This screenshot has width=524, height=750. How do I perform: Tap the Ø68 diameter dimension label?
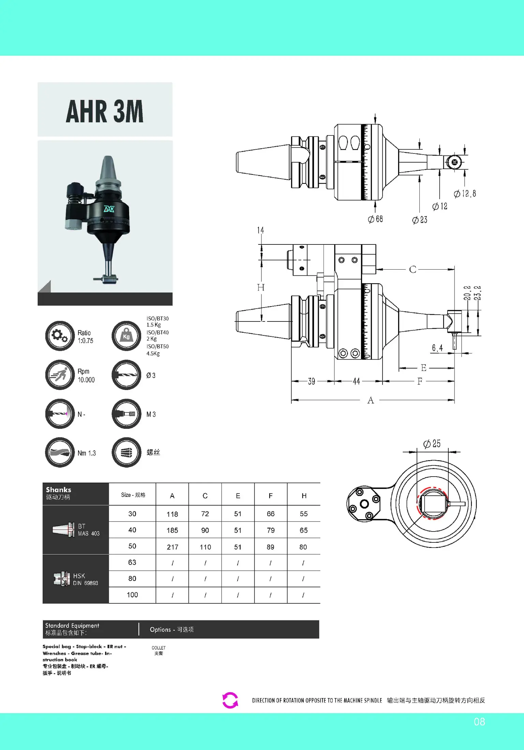375,219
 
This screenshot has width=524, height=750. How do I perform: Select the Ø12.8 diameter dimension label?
465,194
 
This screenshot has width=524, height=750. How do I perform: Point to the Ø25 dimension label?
432,444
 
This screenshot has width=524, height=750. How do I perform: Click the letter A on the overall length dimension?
371,400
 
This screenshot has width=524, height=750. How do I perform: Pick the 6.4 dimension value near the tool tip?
437,348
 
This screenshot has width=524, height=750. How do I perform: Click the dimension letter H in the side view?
261,287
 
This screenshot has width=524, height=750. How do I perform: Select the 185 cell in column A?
173,530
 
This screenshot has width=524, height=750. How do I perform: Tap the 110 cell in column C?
205,547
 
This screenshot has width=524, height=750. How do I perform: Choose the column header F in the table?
271,496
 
